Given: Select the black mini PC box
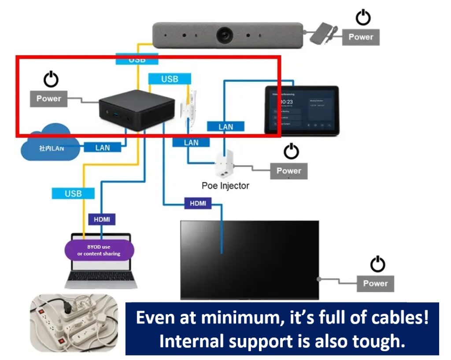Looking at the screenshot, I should [x=136, y=107].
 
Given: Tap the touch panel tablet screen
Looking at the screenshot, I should [x=301, y=110].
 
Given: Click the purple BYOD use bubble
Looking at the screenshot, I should [x=99, y=250].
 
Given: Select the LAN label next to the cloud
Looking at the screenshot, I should [x=103, y=147].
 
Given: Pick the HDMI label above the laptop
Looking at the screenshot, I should [x=102, y=219].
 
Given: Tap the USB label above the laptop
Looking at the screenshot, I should [x=73, y=193].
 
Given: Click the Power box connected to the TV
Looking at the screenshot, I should [x=375, y=283].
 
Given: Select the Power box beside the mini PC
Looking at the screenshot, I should [x=48, y=99].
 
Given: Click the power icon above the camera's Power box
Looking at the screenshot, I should [x=363, y=18].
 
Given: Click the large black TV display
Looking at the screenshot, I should [x=249, y=260].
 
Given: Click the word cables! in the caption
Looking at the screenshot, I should [x=399, y=318].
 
